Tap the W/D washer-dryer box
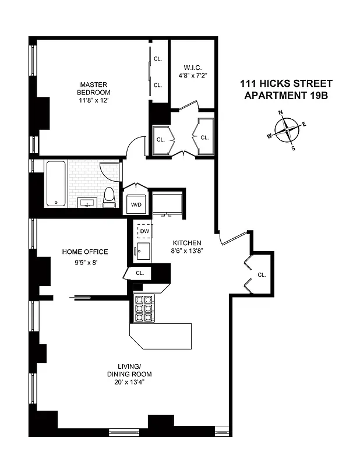click(136, 204)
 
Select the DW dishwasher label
click(143, 231)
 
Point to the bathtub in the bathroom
click(56, 183)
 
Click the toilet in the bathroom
click(109, 197)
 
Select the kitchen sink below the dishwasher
click(143, 252)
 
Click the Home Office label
click(85, 252)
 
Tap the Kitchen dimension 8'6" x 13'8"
click(187, 252)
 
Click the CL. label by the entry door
click(262, 274)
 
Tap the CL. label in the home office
click(140, 273)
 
